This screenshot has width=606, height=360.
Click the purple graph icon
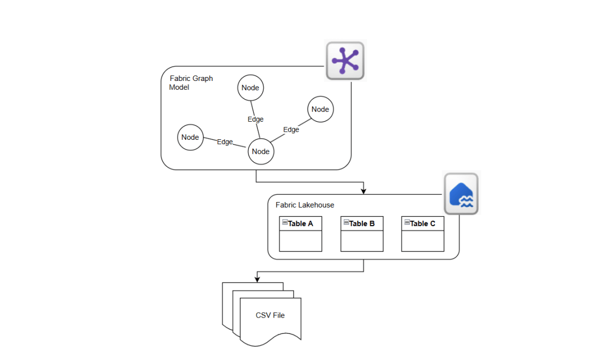click(x=345, y=61)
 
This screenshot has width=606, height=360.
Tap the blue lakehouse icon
click(x=461, y=194)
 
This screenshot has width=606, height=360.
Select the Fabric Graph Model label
click(x=191, y=83)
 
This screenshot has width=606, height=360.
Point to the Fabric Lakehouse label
click(x=305, y=205)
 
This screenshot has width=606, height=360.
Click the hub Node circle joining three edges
click(x=261, y=151)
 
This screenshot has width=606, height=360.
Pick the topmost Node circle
click(x=250, y=88)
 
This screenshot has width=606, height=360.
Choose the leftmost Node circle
click(x=190, y=137)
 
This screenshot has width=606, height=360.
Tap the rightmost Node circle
click(x=320, y=109)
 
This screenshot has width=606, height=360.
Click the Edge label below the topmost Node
click(x=255, y=119)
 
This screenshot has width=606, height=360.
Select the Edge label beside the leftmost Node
click(x=225, y=142)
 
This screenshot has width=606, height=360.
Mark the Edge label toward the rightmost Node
click(x=291, y=130)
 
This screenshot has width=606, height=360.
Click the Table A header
click(x=300, y=223)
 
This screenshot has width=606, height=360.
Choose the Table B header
click(x=361, y=223)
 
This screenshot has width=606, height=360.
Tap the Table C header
click(x=423, y=223)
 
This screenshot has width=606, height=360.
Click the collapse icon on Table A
click(x=285, y=222)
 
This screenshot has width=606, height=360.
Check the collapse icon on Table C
click(x=407, y=222)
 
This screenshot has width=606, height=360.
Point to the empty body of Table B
click(x=361, y=241)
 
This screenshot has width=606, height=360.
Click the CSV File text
click(x=270, y=315)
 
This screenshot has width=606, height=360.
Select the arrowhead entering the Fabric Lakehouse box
click(x=364, y=190)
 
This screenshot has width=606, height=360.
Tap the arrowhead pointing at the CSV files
click(x=257, y=279)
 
